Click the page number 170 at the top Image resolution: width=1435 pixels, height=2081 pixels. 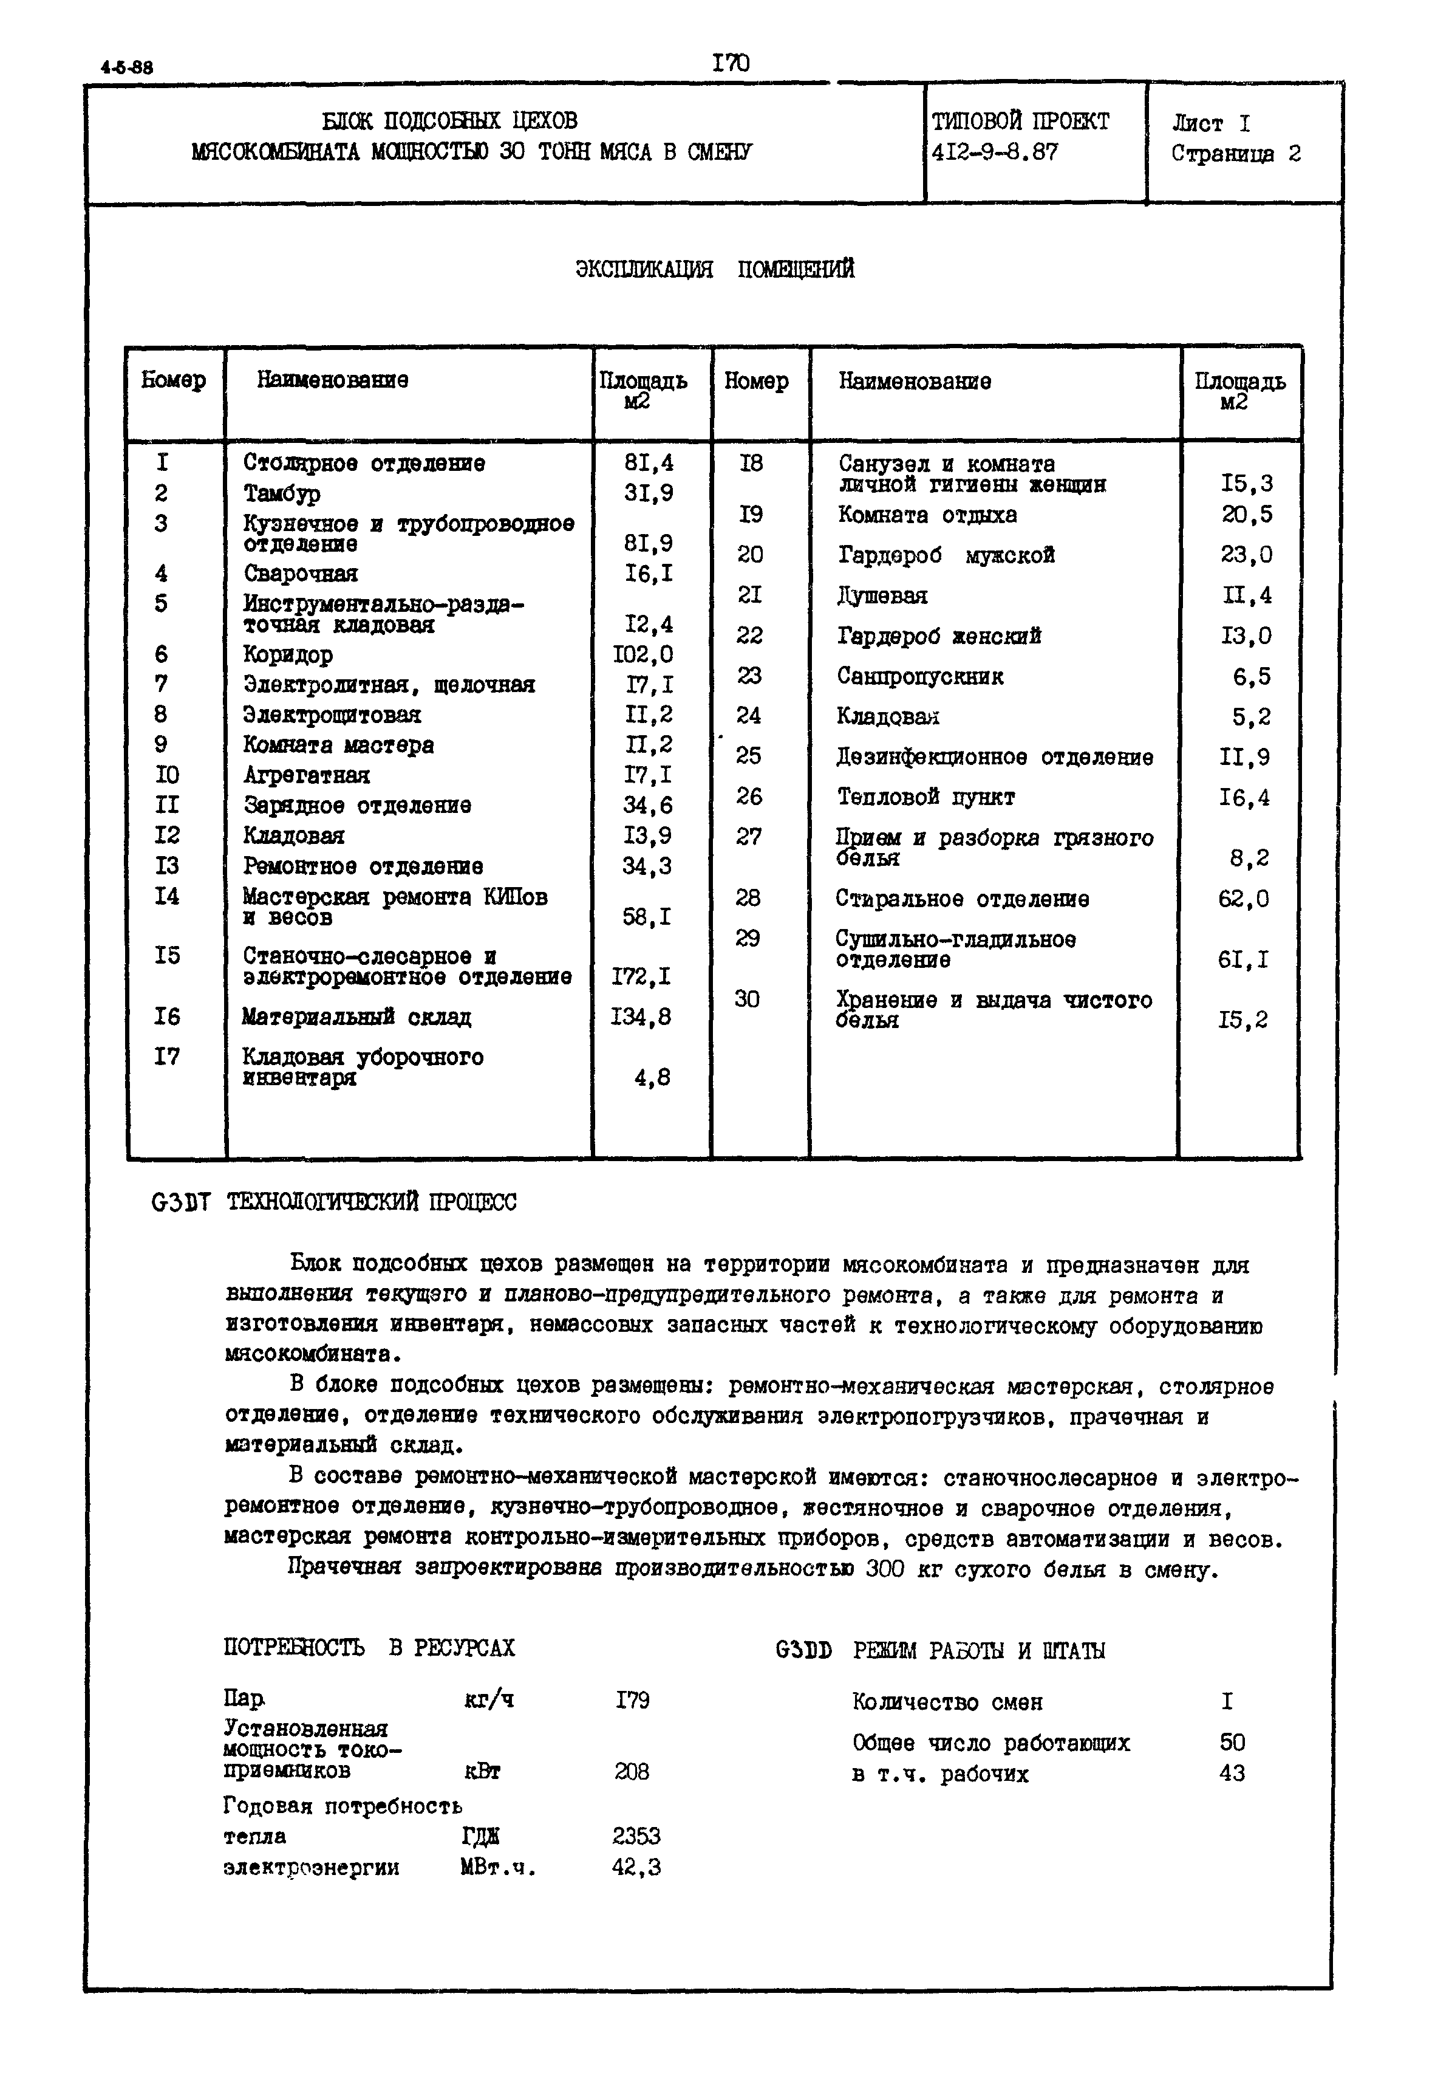730,63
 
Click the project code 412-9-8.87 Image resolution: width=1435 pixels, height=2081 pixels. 995,152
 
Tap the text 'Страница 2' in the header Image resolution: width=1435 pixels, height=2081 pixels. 1235,154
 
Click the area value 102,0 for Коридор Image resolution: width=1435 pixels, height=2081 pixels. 642,654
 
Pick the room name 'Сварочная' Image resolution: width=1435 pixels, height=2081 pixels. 301,574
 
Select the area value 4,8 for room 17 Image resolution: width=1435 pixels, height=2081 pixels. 652,1077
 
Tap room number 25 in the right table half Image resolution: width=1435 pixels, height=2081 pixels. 748,755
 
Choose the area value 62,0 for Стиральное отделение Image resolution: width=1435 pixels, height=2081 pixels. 1244,899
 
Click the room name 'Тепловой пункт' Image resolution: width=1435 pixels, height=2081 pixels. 925,797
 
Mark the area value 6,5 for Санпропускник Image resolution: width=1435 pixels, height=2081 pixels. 1250,676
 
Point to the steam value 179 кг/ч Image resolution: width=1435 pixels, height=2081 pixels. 632,1699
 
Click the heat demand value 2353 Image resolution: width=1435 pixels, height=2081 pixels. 636,1836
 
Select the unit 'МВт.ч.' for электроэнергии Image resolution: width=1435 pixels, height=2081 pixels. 497,1867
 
